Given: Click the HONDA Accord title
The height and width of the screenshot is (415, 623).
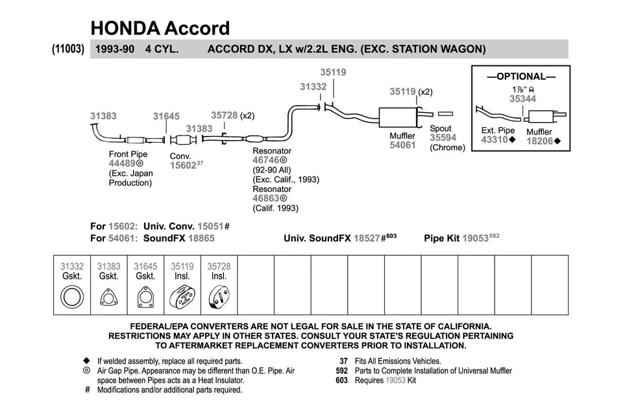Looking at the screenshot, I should coord(160,28).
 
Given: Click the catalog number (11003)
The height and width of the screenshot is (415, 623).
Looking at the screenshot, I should coord(67,49).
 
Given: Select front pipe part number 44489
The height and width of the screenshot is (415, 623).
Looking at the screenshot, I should coord(122,163).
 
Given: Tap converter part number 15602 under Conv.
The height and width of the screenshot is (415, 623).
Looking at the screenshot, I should coord(182,165).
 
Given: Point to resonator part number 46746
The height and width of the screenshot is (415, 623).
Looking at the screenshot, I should coord(266,159).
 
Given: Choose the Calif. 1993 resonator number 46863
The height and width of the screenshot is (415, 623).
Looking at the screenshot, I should coord(266,198).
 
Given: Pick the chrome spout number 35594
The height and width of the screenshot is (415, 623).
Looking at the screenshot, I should coord(443,137).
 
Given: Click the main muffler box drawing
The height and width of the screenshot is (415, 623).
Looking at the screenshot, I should coord(398,117).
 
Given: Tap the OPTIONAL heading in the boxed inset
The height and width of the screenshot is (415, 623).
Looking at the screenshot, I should coord(521,77).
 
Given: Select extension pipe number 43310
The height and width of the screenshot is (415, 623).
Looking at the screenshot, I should coord(495,140).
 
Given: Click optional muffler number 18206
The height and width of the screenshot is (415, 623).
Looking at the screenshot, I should coord(539,141).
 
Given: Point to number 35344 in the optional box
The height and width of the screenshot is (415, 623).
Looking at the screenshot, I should coord(522,99).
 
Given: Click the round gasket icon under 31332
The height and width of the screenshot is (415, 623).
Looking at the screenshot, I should coord(72,298).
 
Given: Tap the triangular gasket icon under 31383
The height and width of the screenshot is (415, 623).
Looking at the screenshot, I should coord(108,299).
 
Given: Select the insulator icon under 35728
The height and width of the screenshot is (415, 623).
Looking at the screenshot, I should coord(219,299).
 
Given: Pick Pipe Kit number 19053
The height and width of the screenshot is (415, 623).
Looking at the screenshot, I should coord(474,239).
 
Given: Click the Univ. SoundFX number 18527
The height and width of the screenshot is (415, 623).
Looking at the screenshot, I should coord(366,239).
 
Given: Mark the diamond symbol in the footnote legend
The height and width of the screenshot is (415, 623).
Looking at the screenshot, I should coord(86,361).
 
